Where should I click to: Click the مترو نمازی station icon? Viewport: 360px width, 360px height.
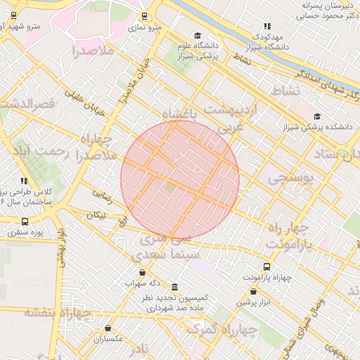coord(144,16)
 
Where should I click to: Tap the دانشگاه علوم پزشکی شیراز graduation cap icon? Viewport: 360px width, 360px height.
coord(198,35)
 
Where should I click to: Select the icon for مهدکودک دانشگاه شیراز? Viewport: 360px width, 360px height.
coord(266,26)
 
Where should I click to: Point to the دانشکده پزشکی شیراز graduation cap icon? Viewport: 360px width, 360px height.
coord(317,116)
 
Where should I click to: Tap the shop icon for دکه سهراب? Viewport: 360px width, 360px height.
coord(143,272)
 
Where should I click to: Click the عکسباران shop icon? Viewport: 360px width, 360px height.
coord(108,328)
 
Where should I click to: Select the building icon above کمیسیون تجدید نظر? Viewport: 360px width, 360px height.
coord(174,287)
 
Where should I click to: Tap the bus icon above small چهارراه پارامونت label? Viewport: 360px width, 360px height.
coord(266,266)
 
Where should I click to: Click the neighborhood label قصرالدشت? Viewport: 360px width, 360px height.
coord(28,104)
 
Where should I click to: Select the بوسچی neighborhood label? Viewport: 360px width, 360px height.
coord(288,179)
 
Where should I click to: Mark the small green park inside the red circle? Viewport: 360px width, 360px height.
coord(169,188)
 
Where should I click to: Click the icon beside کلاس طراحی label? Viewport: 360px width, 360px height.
coord(25,181)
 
